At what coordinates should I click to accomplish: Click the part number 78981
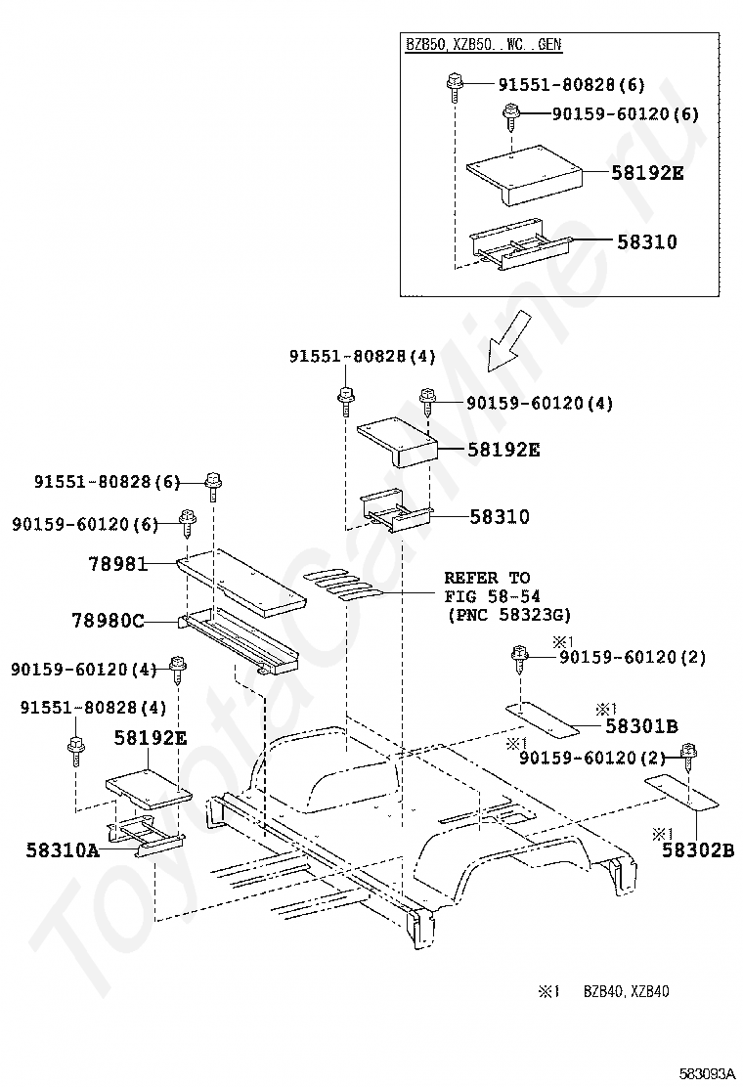(116, 565)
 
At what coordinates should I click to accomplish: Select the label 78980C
(108, 620)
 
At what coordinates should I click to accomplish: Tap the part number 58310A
(63, 850)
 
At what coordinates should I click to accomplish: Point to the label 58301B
(641, 725)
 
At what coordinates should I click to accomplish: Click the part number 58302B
(697, 850)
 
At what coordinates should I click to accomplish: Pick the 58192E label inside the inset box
(647, 174)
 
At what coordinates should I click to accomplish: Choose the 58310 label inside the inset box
(646, 241)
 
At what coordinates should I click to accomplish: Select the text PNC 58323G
(507, 615)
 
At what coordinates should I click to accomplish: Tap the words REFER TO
(487, 578)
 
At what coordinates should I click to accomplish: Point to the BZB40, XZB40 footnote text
(627, 991)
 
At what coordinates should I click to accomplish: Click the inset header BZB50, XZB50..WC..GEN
(484, 45)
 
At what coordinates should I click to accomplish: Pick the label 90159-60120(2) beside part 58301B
(633, 658)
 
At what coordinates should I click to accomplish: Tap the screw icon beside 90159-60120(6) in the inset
(509, 116)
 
